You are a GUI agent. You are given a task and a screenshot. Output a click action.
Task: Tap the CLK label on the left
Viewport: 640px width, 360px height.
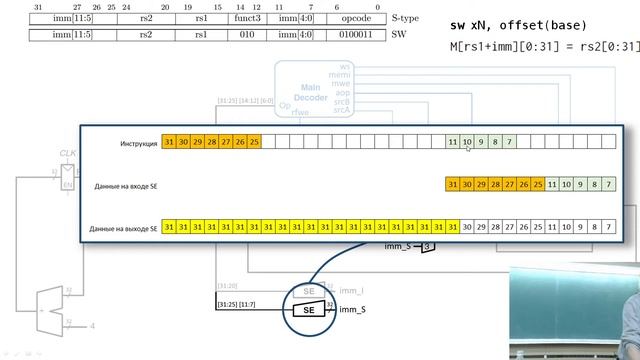[x=68, y=153]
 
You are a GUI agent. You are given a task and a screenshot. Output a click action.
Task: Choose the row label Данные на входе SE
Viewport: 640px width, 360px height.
[x=126, y=186]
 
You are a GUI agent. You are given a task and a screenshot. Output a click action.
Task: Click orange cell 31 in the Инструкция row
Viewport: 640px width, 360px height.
[x=170, y=143]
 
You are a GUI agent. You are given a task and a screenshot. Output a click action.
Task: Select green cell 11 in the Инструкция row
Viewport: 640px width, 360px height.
[x=453, y=143]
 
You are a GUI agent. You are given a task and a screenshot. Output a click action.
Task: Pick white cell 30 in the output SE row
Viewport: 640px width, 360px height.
[x=467, y=228]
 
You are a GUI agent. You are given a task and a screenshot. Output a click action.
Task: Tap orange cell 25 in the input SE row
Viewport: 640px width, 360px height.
[x=538, y=185]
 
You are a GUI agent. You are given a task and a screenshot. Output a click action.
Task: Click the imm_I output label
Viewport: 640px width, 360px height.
[x=351, y=291]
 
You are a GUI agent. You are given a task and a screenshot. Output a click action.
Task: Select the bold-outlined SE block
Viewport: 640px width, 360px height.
[x=309, y=310]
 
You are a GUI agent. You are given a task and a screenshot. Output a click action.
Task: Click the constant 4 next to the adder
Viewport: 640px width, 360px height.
[x=93, y=326]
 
